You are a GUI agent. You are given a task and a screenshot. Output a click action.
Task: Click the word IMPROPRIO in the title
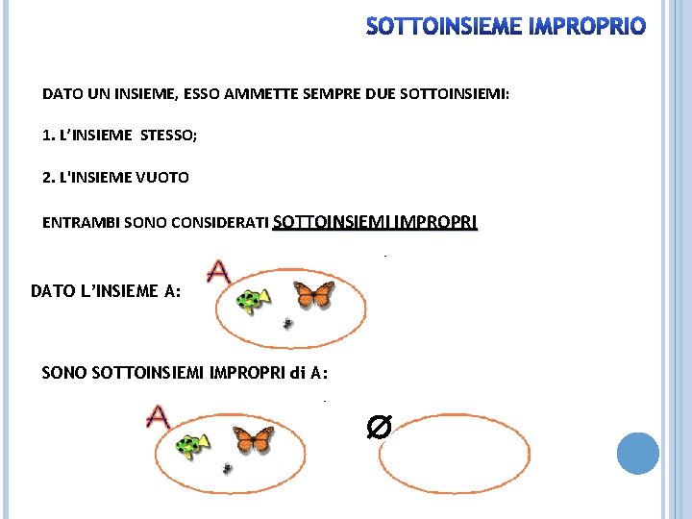point(587,26)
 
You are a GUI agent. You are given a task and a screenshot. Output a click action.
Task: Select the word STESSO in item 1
point(168,136)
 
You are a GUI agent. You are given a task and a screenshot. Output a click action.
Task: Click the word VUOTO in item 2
point(162,178)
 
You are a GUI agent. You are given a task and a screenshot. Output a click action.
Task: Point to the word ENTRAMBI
point(81,222)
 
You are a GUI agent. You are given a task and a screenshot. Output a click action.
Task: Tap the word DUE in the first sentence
point(381,94)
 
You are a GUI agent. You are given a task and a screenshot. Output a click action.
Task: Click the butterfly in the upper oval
point(313,294)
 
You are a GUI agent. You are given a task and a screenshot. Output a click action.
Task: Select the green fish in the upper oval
point(253,301)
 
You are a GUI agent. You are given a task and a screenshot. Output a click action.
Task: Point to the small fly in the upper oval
point(287,324)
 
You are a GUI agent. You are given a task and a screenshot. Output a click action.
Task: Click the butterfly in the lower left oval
point(254,439)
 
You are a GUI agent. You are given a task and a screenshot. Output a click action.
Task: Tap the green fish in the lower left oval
point(192,446)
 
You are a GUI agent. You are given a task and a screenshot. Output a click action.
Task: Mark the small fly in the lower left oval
point(227,468)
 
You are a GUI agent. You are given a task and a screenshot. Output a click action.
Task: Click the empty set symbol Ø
point(379,427)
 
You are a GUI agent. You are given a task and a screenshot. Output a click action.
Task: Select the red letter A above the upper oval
point(219,272)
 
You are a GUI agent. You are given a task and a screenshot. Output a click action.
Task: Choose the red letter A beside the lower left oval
point(158,416)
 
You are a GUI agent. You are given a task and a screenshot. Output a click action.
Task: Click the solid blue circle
point(638,454)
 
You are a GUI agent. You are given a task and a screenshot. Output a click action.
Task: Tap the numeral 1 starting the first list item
point(46,136)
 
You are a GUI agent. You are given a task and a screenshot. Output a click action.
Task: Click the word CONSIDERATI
point(220,222)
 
